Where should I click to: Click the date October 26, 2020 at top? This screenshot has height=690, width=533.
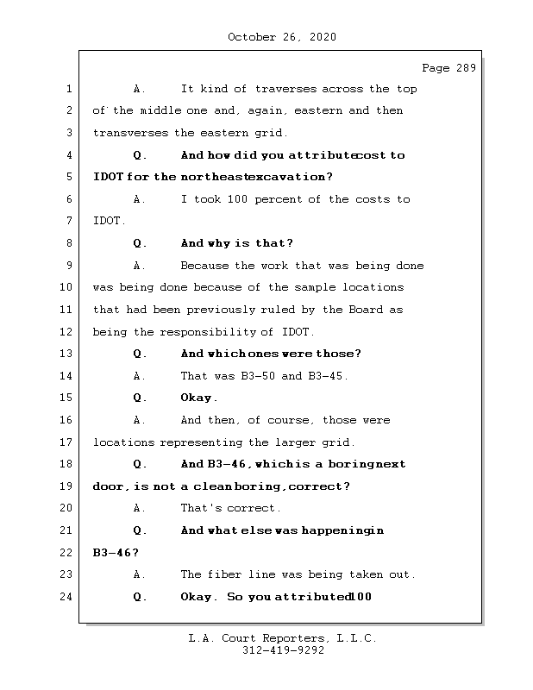[282, 37]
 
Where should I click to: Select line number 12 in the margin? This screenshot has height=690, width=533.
[67, 332]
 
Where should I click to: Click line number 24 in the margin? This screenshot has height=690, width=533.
[67, 597]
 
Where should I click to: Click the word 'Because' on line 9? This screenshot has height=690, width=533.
[205, 266]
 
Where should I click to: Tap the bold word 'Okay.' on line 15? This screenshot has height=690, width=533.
[199, 398]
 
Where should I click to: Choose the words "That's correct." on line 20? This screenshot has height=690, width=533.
[230, 508]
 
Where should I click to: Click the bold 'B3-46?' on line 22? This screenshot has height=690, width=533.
[115, 553]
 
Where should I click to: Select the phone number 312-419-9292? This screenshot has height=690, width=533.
[283, 651]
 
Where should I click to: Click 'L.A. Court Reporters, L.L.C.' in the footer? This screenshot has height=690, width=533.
[283, 639]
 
